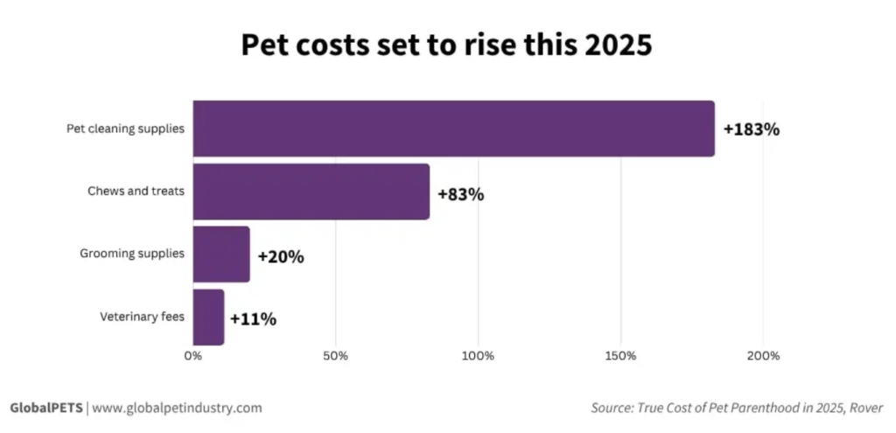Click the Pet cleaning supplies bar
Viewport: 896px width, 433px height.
coord(453,129)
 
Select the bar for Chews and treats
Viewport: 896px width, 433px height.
coord(311,192)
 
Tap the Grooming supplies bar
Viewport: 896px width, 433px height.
coord(221,255)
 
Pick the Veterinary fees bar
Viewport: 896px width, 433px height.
coord(208,317)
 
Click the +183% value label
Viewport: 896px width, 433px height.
coord(751,129)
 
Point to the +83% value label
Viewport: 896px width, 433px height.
coord(460,194)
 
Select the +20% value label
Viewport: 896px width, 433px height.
coord(281,257)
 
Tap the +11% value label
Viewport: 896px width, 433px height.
coord(253,319)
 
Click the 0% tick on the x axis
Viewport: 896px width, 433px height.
coord(193,356)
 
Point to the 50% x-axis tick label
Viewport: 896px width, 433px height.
coord(336,356)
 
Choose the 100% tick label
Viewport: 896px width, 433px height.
coord(478,356)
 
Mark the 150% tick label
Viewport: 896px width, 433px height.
coord(620,356)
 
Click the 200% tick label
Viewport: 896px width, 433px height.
coord(763,356)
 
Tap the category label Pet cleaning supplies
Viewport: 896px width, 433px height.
coord(126,129)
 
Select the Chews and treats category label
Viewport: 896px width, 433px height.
coord(136,191)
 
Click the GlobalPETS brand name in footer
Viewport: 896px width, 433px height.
coord(45,408)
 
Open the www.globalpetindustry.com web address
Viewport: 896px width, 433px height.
coord(177,408)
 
